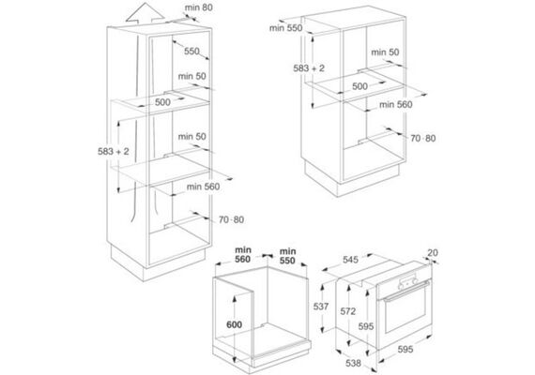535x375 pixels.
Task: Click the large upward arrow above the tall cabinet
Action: pos(145,14)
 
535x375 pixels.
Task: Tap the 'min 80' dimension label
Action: pos(199,7)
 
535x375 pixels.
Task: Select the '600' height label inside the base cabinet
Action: pos(234,324)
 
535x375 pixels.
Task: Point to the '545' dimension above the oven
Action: pos(350,260)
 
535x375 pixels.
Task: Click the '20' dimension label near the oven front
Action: pos(433,252)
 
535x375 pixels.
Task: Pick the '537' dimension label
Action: pos(321,307)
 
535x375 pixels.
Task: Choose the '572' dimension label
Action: pos(347,311)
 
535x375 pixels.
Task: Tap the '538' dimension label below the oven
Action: pos(353,363)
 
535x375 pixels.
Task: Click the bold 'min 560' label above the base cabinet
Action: pos(242,255)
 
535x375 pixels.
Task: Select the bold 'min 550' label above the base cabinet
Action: pos(287,256)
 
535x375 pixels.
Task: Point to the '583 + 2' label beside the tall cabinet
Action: pos(114,151)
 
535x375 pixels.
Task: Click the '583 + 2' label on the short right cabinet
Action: pos(309,68)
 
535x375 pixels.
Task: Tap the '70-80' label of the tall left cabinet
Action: pos(231,220)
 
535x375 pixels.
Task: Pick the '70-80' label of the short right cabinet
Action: pos(423,139)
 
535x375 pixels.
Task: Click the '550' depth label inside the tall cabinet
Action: pos(191,52)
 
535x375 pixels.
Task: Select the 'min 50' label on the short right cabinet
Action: pos(385,52)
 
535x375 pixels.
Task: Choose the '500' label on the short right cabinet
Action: pos(360,86)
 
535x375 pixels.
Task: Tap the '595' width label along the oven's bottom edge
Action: pos(405,349)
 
